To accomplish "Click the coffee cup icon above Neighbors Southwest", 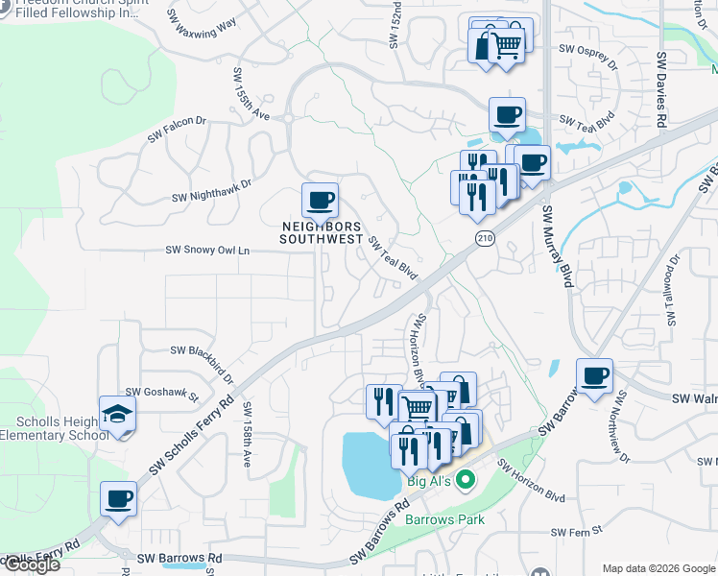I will [x=320, y=202].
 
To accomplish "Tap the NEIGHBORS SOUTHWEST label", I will [x=321, y=232].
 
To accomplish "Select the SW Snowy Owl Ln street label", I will [x=207, y=251].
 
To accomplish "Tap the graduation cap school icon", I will [x=118, y=414].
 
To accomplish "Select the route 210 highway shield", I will [x=483, y=237].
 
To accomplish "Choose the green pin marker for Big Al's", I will [x=466, y=479].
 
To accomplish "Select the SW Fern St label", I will [x=576, y=531].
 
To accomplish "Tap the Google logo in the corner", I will [x=31, y=564].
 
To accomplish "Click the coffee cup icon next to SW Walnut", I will [x=594, y=376].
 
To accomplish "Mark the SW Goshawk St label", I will [x=161, y=393].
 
